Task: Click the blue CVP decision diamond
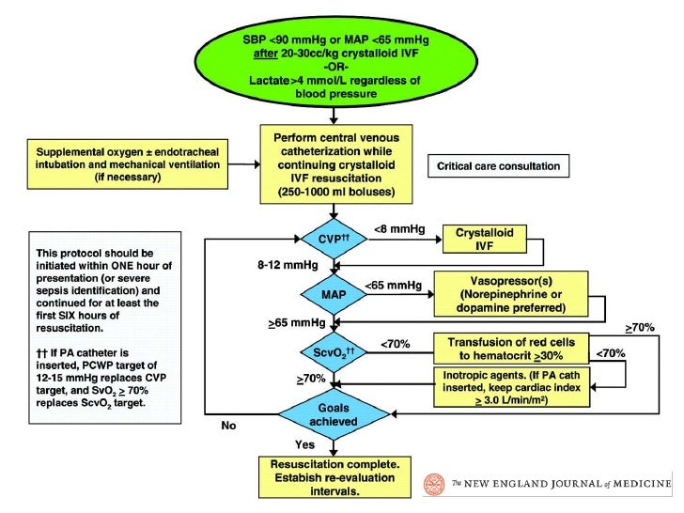point(334,239)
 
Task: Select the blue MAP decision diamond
point(334,294)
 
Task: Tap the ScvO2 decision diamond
point(334,352)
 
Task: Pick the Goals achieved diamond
point(334,414)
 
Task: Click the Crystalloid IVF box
point(485,239)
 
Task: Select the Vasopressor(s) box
point(511,294)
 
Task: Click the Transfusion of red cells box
point(511,349)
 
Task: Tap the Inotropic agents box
point(511,387)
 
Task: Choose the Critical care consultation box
point(499,165)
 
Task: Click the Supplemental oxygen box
point(128,164)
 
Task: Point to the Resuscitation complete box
point(334,477)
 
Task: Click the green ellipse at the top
point(335,67)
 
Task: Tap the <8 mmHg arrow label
point(399,229)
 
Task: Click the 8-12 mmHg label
point(288,265)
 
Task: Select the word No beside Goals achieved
point(228,426)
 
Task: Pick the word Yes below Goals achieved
point(304,445)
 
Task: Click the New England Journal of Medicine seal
point(434,484)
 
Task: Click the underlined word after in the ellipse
point(266,54)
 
